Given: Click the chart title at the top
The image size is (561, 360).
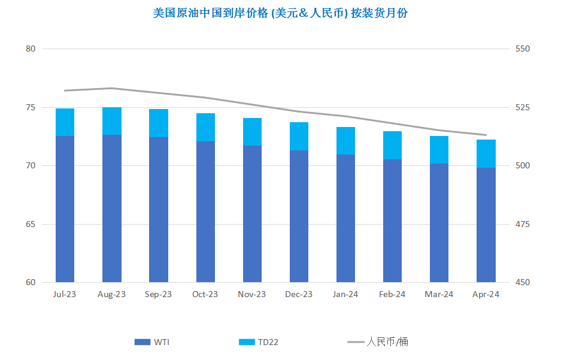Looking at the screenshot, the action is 280,13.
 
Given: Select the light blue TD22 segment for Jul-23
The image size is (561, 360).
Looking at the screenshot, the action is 65,122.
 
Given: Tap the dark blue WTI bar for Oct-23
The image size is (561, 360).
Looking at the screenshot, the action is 205,212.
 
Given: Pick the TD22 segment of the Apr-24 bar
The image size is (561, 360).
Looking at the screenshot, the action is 486,153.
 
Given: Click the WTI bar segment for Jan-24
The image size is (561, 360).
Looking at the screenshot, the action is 345,218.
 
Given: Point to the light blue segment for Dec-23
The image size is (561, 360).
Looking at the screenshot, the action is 299,137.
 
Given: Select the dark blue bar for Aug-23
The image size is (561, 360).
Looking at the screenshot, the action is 111,208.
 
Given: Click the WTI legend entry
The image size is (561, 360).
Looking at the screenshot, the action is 151,342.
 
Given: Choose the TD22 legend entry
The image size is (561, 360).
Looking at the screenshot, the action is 258,342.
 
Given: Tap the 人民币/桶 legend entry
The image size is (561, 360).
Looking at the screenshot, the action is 377,342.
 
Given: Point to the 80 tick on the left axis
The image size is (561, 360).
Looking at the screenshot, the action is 31,49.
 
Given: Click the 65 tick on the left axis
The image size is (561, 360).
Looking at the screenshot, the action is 31,225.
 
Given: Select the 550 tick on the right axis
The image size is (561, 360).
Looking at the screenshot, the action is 522,49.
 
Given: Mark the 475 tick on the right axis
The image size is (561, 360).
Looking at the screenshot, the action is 522,225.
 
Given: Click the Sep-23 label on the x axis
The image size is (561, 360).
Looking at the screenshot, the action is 158,294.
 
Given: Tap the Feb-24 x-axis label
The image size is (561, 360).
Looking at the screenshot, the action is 392,294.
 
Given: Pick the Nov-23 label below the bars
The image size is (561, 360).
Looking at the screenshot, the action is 252,294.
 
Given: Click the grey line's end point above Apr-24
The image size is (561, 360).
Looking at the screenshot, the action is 486,135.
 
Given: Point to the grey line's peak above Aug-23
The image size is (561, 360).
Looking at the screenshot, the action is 111,88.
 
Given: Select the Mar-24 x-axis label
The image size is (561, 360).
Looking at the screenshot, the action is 439,294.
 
